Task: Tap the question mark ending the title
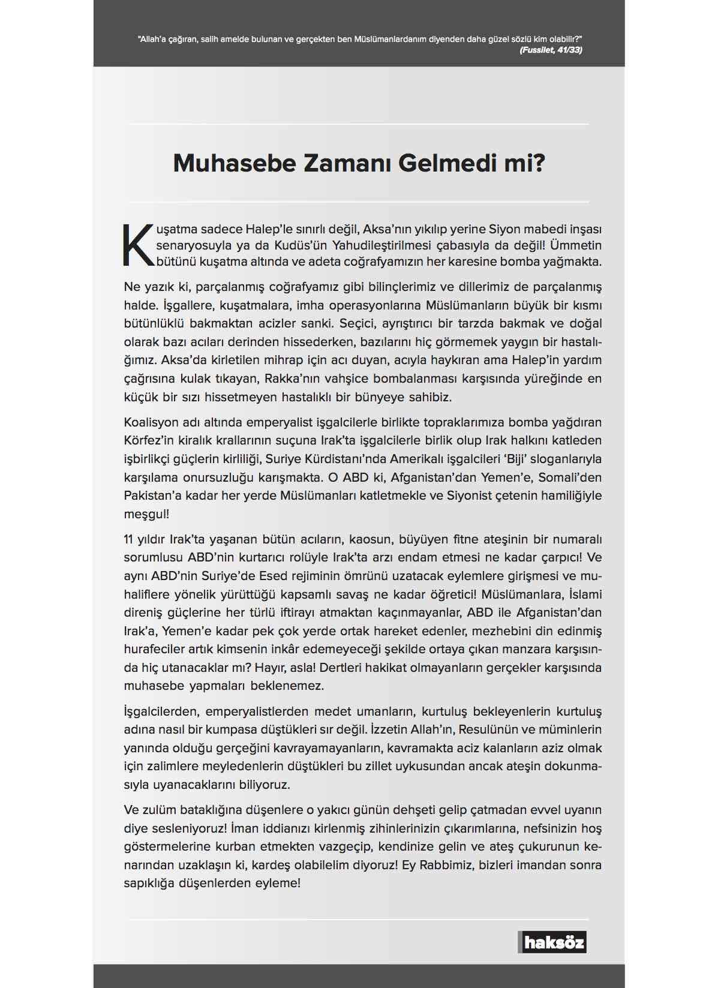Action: click(x=538, y=163)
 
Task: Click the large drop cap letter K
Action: click(x=138, y=245)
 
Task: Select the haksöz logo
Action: click(x=552, y=942)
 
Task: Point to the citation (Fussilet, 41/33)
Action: click(x=551, y=50)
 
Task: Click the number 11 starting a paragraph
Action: click(x=128, y=539)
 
